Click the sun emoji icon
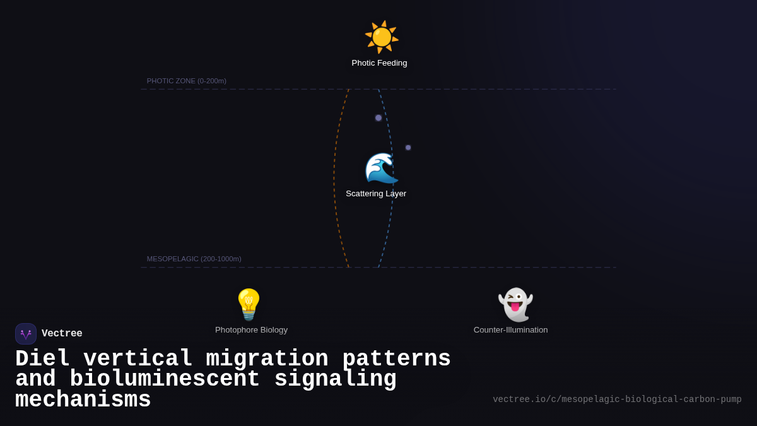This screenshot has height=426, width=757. (x=382, y=37)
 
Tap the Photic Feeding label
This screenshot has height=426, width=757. (x=379, y=63)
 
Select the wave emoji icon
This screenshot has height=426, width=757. (x=381, y=168)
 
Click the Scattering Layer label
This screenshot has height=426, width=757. (x=376, y=194)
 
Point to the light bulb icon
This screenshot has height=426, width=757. (x=249, y=304)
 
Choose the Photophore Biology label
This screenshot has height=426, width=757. (x=251, y=330)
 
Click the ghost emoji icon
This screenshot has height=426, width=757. (x=515, y=304)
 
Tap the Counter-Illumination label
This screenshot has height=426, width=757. (x=510, y=330)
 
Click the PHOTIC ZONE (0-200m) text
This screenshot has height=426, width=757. (x=187, y=81)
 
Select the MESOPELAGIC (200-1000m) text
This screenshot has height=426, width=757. (x=194, y=259)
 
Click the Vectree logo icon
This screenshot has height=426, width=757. (x=26, y=334)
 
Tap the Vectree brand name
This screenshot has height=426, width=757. (x=62, y=334)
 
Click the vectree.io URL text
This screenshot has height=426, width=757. (x=617, y=399)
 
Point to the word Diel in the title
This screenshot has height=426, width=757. (x=42, y=359)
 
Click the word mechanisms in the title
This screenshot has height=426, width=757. (x=83, y=400)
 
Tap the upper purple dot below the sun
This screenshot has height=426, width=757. (x=378, y=118)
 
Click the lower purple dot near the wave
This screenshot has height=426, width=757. (x=408, y=148)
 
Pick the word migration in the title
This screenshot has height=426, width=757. (x=267, y=359)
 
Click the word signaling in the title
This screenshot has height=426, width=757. (x=335, y=379)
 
